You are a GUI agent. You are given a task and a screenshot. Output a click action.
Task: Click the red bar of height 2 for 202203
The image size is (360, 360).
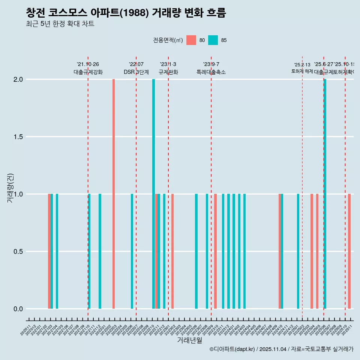tap(114, 194)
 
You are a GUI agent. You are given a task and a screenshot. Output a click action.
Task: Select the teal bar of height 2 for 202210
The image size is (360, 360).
tap(153, 194)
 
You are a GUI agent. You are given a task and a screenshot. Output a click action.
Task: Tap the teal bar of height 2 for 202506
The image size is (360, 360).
tap(325, 194)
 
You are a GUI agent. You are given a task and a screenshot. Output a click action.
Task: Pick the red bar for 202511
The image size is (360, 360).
tap(349, 251)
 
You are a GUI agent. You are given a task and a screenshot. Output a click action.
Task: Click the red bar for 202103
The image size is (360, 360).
tap(49, 251)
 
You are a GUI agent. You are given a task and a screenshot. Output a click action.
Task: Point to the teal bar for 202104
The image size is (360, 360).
tap(57, 251)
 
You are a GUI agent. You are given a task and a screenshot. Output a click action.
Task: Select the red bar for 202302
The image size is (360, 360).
tap(172, 251)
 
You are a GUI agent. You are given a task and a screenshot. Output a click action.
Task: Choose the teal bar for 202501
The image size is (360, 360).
tap(298, 251)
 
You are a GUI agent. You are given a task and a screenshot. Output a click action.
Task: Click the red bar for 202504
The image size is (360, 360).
tap(312, 251)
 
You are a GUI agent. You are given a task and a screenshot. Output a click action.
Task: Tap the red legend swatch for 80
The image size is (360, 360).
tap(191, 40)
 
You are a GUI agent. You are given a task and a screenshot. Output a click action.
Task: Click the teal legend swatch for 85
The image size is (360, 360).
tap(213, 40)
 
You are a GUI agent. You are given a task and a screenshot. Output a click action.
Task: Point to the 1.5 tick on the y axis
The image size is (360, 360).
tap(18, 137)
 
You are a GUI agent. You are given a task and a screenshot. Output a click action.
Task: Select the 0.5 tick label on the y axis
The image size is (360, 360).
tap(18, 252)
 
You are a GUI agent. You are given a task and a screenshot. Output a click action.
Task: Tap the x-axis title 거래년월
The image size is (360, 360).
tap(189, 340)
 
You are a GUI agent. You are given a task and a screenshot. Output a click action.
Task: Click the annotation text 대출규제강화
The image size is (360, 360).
tap(88, 72)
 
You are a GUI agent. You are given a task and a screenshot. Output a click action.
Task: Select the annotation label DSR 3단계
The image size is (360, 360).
tap(136, 72)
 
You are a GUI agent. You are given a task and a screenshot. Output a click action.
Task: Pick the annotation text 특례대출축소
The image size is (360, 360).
tap(211, 72)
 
